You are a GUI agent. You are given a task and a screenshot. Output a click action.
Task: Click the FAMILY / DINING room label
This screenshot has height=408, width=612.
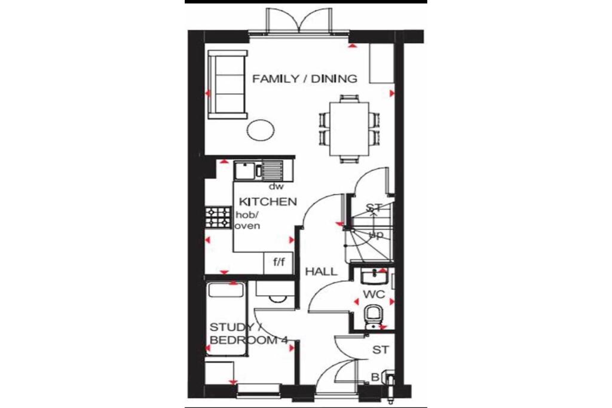click(x=304, y=79)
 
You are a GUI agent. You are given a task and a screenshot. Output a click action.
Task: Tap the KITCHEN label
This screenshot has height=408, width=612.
click(x=268, y=201)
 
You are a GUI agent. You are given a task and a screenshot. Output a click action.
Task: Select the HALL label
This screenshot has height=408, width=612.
click(x=321, y=272)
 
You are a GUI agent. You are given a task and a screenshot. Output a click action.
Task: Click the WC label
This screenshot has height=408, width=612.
click(x=373, y=295)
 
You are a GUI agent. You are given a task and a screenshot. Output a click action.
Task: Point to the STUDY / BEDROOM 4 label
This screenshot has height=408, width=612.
click(x=248, y=334)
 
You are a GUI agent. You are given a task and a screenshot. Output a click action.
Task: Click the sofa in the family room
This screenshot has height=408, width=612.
click(x=227, y=84)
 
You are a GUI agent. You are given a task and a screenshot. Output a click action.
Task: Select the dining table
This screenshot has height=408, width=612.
click(x=350, y=128)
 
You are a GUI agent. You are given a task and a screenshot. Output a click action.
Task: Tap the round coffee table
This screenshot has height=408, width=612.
click(x=261, y=130)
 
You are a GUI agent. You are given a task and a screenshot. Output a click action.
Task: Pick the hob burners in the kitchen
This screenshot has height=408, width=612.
click(x=219, y=217)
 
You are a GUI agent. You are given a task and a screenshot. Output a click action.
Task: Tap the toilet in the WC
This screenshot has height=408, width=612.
click(x=372, y=315)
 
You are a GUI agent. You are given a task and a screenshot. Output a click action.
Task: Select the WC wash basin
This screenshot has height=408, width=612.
click(x=375, y=275)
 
